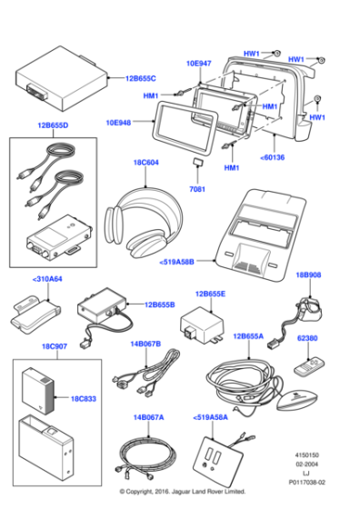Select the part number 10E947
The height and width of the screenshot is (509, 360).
pos(198,65)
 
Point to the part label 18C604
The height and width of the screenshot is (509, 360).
pos(146,164)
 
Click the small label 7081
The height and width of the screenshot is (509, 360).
pos(197,189)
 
